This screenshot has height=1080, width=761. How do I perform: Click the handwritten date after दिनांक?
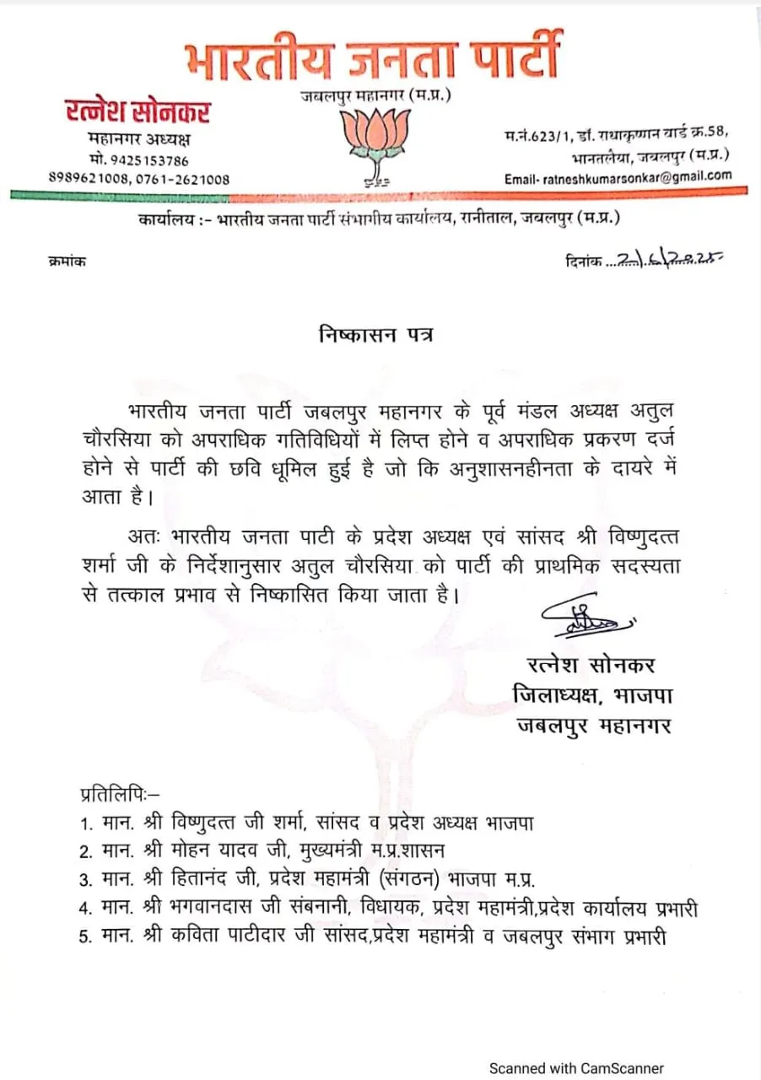coord(667,261)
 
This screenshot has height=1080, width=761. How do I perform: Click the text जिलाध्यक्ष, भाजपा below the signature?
coord(591,694)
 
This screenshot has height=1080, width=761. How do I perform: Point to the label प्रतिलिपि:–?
coord(114,794)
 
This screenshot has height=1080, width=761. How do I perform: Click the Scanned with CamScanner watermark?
coord(577,1067)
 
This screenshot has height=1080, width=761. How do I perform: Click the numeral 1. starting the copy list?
coord(86,821)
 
